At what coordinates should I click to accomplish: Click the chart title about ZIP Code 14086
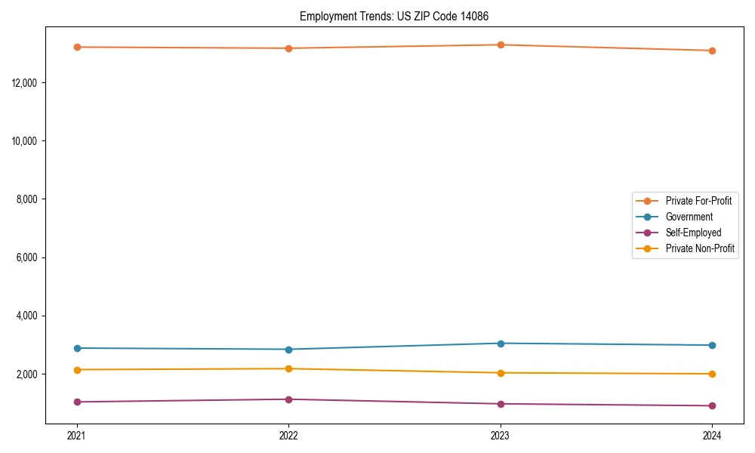pyautogui.click(x=399, y=16)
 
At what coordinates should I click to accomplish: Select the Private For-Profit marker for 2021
pyautogui.click(x=76, y=47)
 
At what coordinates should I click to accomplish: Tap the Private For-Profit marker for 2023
pyautogui.click(x=501, y=45)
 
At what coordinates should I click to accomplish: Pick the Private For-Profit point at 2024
pyautogui.click(x=712, y=51)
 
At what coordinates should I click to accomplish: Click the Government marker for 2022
pyautogui.click(x=288, y=350)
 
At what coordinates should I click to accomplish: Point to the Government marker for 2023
pyautogui.click(x=501, y=344)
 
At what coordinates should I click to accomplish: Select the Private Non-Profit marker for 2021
pyautogui.click(x=76, y=370)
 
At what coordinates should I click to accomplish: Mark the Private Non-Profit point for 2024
pyautogui.click(x=712, y=374)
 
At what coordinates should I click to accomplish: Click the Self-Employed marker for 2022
pyautogui.click(x=288, y=399)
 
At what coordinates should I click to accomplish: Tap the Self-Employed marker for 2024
pyautogui.click(x=712, y=405)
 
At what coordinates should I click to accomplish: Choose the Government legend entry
pyautogui.click(x=689, y=217)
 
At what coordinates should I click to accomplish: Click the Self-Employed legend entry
pyautogui.click(x=693, y=233)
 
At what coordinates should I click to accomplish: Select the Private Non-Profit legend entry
pyautogui.click(x=700, y=248)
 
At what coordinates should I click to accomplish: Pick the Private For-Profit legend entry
pyautogui.click(x=698, y=201)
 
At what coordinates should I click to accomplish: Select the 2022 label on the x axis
pyautogui.click(x=288, y=435)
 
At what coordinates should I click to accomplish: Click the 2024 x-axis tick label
pyautogui.click(x=712, y=435)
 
